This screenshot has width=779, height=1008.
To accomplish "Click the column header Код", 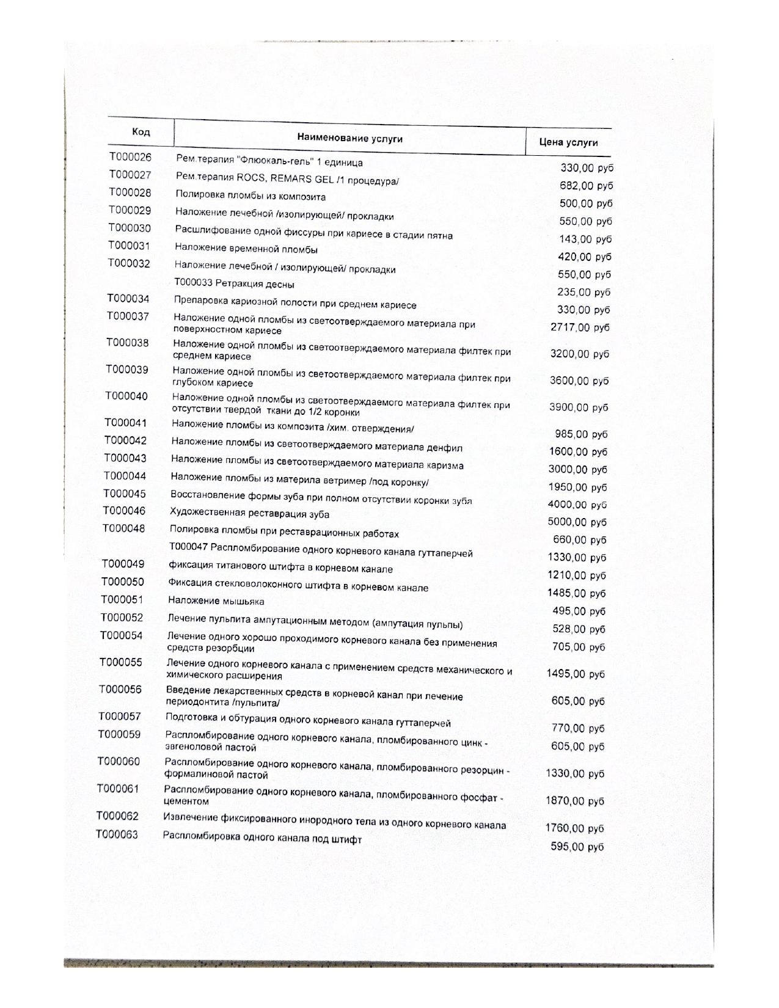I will coord(141,132).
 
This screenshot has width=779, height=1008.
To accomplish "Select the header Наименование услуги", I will coord(349,138).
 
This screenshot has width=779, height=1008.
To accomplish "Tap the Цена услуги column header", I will coord(568,142).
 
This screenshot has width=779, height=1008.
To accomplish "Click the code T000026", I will coord(130,157).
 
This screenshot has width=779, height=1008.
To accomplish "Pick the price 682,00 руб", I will coord(586,186).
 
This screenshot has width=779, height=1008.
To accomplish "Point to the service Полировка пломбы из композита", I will coord(251,196).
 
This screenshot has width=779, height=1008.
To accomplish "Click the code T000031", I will coord(129,246).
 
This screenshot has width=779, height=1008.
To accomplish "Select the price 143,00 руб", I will coord(585,239).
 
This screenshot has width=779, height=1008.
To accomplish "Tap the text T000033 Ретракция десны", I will coord(234,284).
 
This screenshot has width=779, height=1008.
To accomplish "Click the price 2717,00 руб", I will coord(580,327).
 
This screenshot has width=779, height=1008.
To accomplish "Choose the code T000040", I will coord(126,396).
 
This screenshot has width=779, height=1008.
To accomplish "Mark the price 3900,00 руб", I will coord(579,407).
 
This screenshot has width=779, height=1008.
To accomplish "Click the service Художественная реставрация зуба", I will coord(249,513).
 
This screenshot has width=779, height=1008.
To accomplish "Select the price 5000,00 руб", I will coord(576,522).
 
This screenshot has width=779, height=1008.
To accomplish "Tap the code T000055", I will coord(121,662).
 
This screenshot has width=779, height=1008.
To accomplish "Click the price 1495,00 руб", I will coord(575,674).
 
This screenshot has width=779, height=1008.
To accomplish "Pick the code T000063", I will coord(117,835).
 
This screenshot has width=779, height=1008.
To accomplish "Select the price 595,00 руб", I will coord(577,847).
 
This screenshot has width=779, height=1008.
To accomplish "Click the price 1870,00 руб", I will coord(574,801).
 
